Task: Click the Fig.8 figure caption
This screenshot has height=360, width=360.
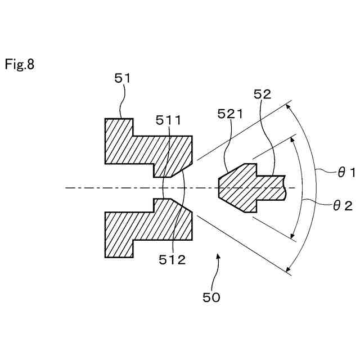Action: pos(20,65)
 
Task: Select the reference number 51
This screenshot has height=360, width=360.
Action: pos(122,79)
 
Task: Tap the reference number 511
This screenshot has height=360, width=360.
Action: pos(169,120)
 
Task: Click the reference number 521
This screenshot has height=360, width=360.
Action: pos(229,115)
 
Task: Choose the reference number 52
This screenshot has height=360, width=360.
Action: pos(262,94)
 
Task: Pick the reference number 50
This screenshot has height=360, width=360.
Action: pos(211,296)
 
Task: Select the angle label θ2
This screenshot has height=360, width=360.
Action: pos(343,206)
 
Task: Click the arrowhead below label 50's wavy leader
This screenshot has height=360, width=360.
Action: pos(219,256)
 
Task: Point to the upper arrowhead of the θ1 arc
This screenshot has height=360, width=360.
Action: pos(290,105)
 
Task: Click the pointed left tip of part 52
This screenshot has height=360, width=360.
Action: pos(219,187)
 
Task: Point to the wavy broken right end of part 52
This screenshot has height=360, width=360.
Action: pos(285,187)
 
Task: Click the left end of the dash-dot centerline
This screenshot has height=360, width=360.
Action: pos(66,187)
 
